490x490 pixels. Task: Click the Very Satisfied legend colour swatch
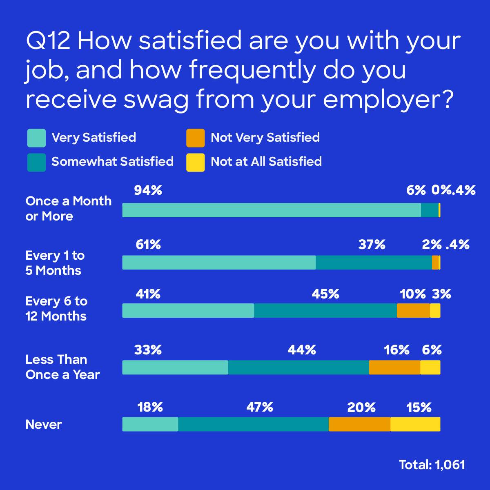[36, 138]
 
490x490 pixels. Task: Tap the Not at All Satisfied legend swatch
[195, 162]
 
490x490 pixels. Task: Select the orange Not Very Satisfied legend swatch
[195, 138]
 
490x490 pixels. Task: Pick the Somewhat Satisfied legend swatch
[36, 162]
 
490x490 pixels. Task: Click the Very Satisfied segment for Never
[150, 424]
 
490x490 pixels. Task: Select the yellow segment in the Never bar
[415, 424]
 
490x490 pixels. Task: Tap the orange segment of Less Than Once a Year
[394, 367]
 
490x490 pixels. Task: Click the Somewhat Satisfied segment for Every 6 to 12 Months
[325, 311]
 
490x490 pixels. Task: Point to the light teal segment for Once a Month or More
[272, 210]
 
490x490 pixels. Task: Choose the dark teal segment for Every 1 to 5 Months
[374, 263]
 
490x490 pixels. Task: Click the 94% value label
[148, 190]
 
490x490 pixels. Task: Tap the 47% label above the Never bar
[260, 407]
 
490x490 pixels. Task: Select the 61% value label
[148, 245]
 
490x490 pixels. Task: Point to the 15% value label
[419, 407]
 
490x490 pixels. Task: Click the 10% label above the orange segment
[412, 294]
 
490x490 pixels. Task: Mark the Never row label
[44, 425]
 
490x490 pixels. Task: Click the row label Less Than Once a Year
[62, 367]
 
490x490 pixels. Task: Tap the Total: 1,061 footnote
[432, 465]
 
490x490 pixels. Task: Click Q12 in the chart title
[48, 41]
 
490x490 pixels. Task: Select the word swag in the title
[156, 100]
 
